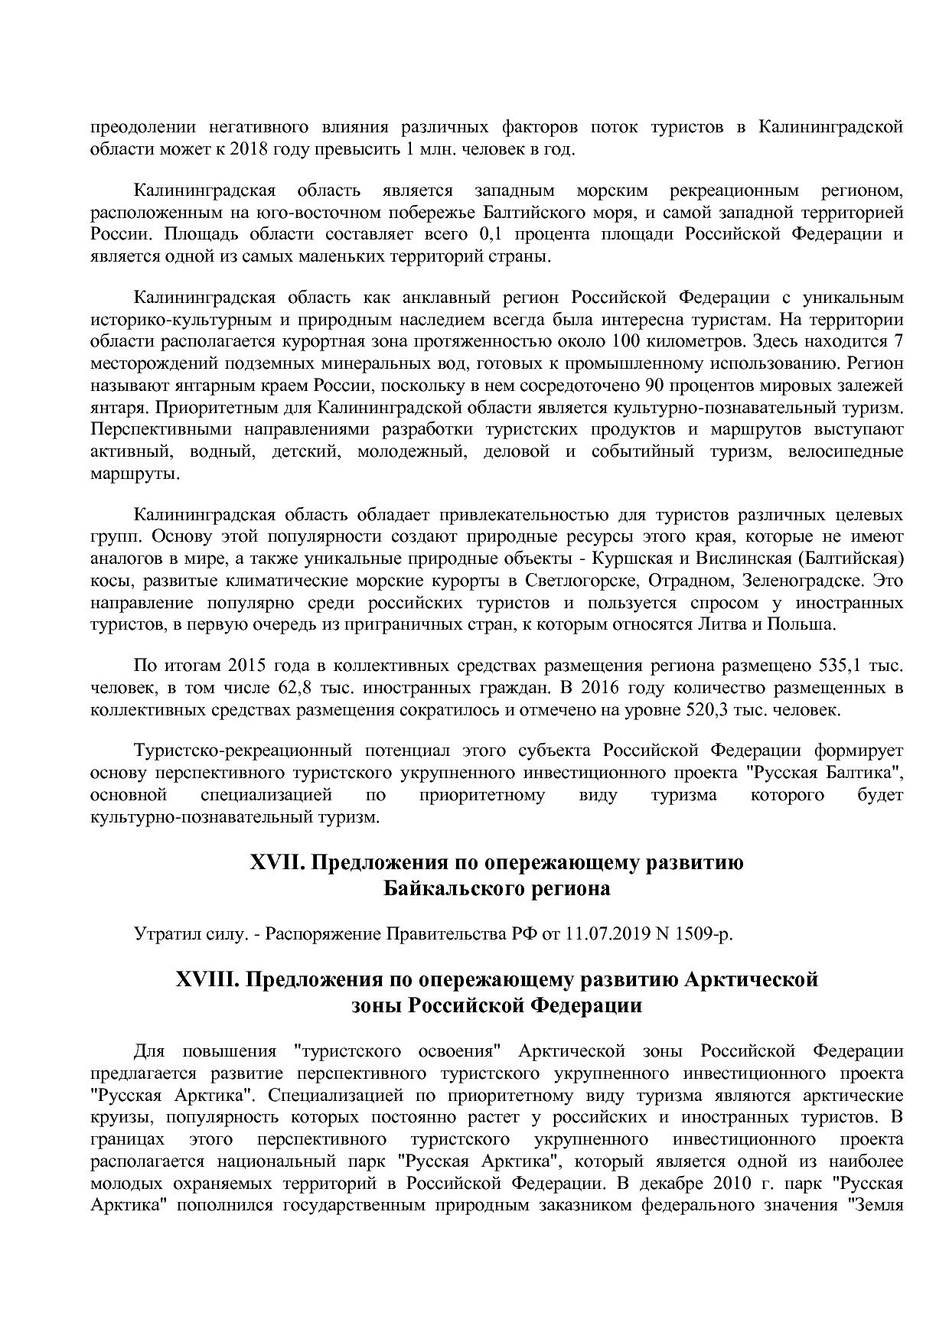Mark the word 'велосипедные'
pyautogui.click(x=846, y=451)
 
